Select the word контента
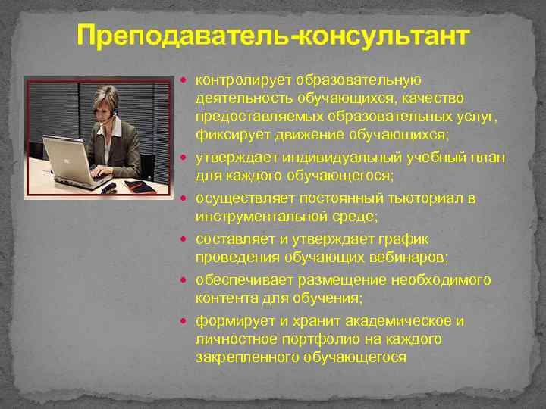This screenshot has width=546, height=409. (222, 298)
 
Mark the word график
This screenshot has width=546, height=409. (415, 238)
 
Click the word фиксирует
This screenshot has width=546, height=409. (225, 135)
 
